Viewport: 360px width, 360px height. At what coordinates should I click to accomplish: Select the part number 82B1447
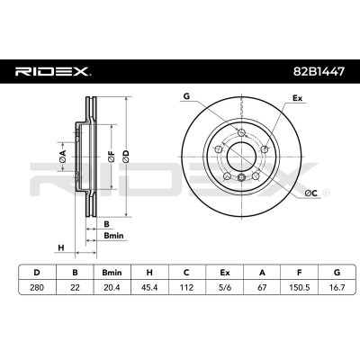pyautogui.click(x=319, y=71)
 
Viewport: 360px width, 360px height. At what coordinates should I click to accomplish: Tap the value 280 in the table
pyautogui.click(x=37, y=287)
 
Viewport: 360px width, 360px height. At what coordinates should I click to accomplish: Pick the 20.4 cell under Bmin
pyautogui.click(x=112, y=287)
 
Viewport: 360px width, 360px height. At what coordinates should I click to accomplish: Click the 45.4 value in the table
pyautogui.click(x=149, y=287)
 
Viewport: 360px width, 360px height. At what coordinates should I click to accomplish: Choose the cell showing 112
pyautogui.click(x=186, y=287)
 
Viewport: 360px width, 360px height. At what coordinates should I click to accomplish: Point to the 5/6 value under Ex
pyautogui.click(x=224, y=287)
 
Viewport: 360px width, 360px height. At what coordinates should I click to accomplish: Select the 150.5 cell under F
pyautogui.click(x=299, y=287)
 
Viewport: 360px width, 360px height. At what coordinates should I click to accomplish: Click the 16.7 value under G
pyautogui.click(x=337, y=287)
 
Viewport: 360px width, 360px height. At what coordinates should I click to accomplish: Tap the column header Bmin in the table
pyautogui.click(x=112, y=273)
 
